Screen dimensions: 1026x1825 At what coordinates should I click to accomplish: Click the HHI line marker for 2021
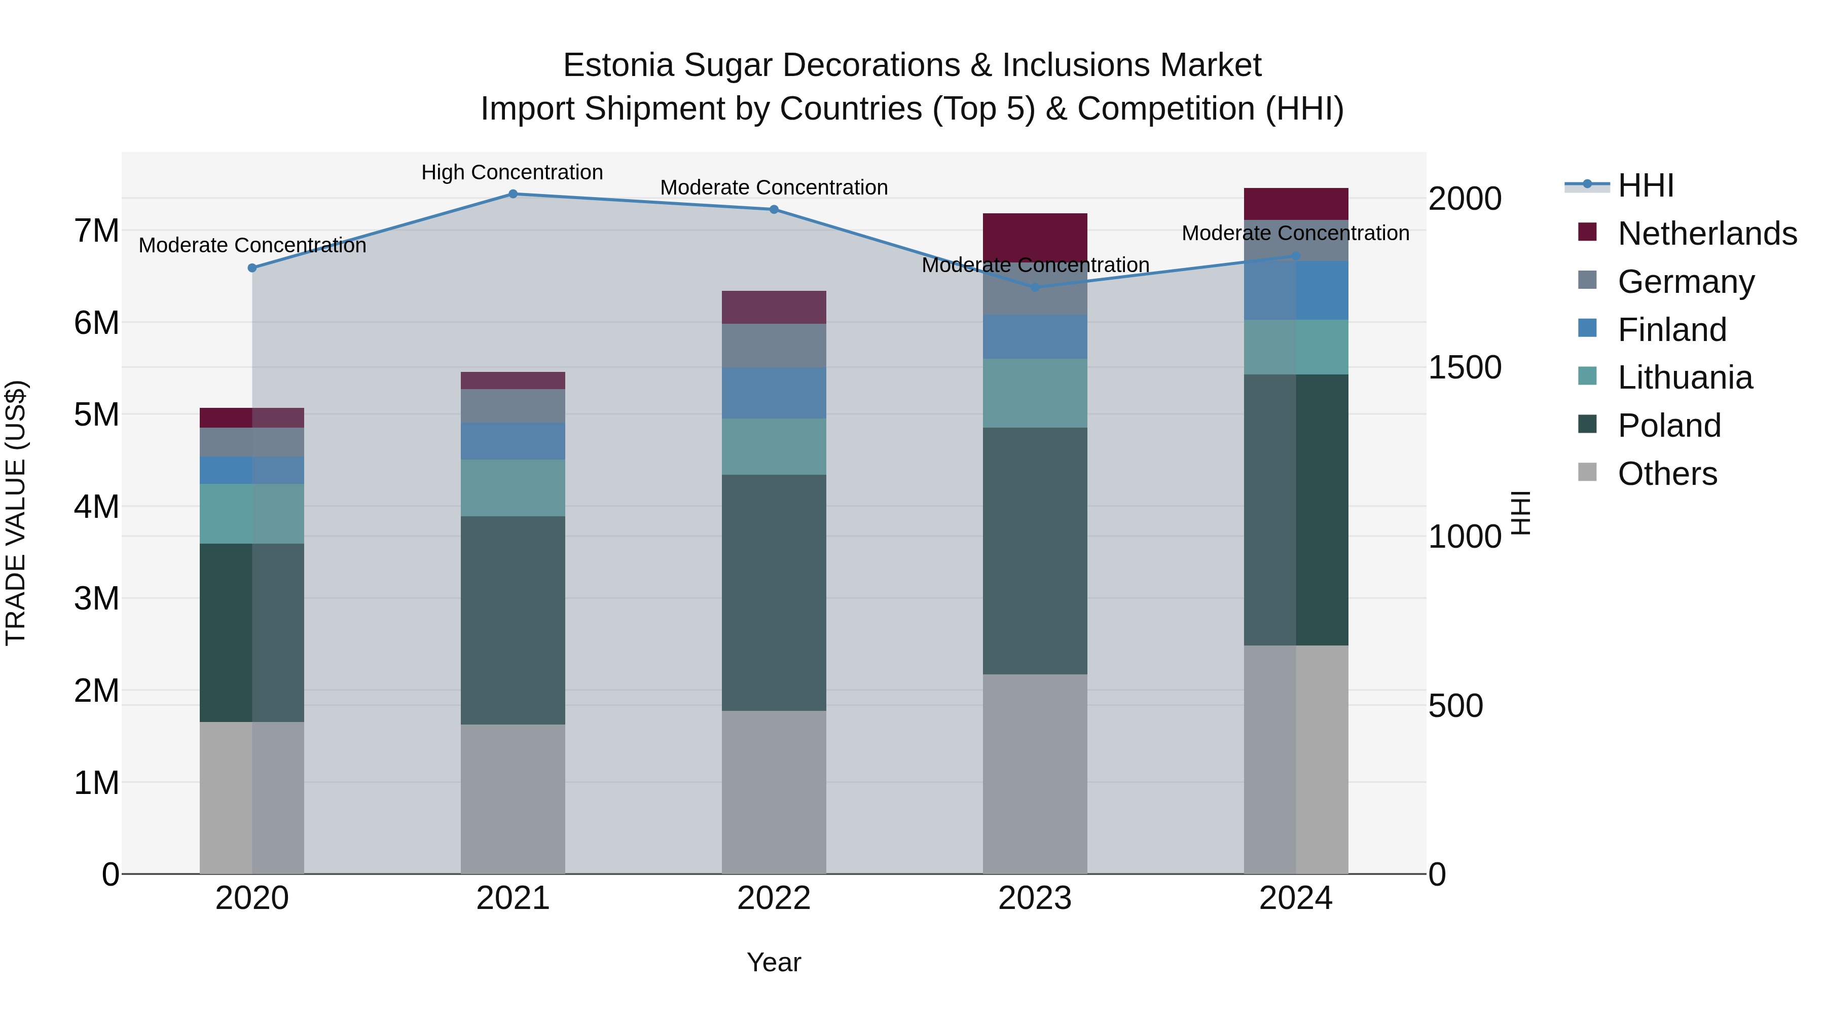513,194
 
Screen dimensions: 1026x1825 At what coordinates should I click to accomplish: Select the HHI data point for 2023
1035,287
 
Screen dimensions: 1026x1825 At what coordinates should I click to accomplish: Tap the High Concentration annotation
512,173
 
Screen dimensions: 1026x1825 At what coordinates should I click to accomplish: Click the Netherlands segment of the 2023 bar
1035,234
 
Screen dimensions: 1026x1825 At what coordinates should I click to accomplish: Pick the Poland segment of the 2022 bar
774,593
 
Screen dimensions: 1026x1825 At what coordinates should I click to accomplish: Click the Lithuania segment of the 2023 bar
1035,393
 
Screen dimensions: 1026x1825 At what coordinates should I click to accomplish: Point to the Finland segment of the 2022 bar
774,393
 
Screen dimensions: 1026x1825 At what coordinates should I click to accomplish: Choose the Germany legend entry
1686,282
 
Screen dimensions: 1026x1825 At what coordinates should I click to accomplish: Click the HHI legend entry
1646,185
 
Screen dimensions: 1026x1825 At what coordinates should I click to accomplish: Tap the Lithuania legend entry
1685,377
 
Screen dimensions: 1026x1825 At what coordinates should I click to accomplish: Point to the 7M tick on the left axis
97,231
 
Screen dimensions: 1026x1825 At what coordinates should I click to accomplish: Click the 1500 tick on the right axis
1465,367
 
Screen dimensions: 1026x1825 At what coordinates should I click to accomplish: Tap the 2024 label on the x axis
1296,898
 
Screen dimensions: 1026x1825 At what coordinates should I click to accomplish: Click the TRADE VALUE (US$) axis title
16,513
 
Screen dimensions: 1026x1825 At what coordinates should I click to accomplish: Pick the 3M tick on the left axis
97,599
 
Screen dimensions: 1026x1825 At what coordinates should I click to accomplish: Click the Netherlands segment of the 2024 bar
1296,204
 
